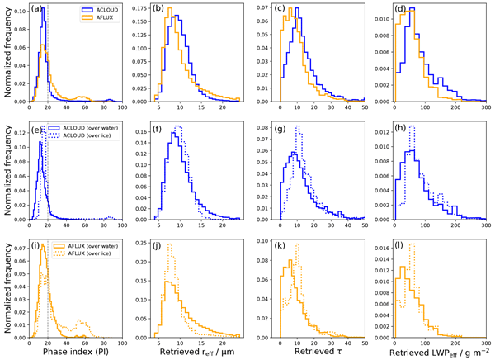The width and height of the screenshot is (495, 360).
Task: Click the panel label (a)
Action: click(37, 11)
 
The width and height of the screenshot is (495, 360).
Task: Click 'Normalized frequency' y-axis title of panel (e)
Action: click(7, 171)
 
